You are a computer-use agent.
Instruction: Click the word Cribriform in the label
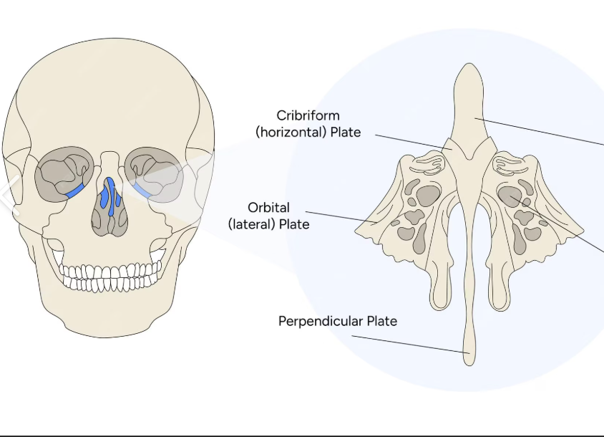click(x=308, y=115)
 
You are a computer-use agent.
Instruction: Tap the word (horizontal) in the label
click(x=288, y=132)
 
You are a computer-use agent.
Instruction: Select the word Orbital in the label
click(x=268, y=208)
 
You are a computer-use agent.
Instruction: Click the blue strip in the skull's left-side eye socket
click(x=74, y=191)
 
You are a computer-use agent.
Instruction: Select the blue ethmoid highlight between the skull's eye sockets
click(x=108, y=195)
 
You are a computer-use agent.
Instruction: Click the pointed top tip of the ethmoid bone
click(x=469, y=66)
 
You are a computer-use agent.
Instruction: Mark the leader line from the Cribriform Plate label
click(x=408, y=140)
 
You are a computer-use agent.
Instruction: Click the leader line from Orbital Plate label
click(x=336, y=216)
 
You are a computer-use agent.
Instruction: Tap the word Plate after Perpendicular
click(x=381, y=321)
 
